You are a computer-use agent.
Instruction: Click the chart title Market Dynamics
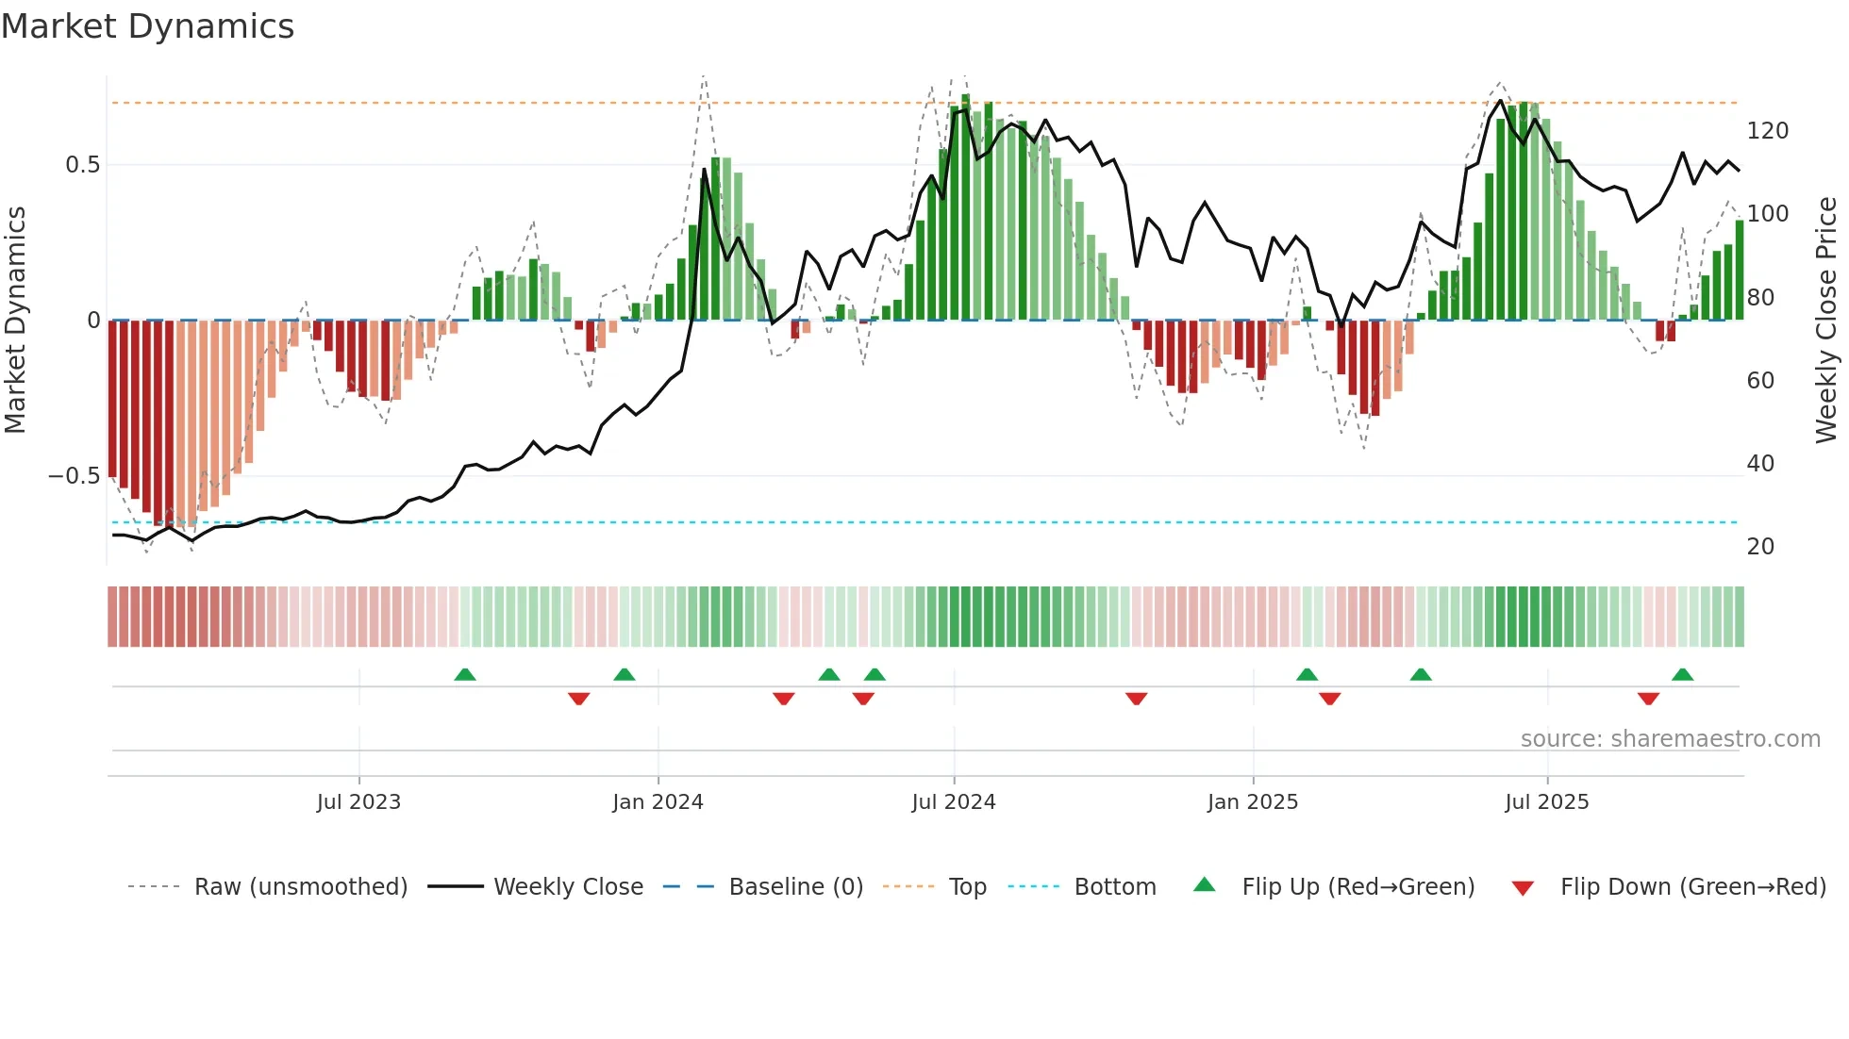tap(147, 26)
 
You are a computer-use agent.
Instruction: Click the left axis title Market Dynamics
tap(15, 320)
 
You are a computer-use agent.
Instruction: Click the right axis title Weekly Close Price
tap(1826, 320)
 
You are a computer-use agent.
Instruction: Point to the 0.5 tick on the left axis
tap(82, 165)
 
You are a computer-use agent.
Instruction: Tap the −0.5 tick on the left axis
tap(75, 476)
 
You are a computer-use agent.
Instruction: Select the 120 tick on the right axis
tap(1767, 131)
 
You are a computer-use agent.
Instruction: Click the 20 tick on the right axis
tap(1760, 547)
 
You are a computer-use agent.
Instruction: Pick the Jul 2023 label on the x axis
tap(358, 802)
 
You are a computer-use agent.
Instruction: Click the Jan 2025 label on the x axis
tap(1252, 802)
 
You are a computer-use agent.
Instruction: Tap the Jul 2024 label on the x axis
tap(953, 802)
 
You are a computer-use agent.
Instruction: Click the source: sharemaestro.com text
tap(1670, 739)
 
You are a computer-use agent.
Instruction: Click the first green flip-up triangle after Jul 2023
tap(465, 675)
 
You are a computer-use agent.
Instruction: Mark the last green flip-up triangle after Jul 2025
tap(1682, 675)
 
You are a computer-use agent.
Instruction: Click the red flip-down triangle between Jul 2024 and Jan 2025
tap(1136, 698)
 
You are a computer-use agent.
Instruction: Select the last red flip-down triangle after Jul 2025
tap(1648, 698)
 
